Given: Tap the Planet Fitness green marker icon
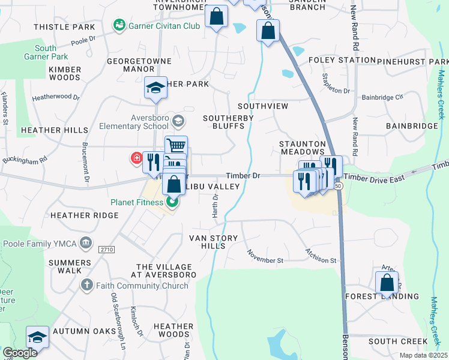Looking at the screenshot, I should (172, 202).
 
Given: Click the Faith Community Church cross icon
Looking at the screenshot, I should (87, 285).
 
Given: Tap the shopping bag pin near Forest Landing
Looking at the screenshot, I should (387, 283).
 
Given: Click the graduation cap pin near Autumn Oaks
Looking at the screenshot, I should (37, 337).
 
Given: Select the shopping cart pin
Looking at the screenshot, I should (176, 146).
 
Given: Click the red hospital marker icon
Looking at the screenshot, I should (136, 158).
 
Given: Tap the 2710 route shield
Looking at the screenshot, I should (106, 249).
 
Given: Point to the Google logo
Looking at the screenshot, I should (20, 353).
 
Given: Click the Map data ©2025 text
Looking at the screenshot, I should (423, 355).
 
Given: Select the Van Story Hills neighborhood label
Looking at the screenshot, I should (213, 242).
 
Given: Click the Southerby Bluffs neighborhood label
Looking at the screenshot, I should (227, 122).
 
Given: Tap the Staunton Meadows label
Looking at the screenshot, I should (303, 148).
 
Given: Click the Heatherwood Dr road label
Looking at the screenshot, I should (56, 97).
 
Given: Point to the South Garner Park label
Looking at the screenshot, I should (46, 52).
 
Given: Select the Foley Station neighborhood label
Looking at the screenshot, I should (342, 60).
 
